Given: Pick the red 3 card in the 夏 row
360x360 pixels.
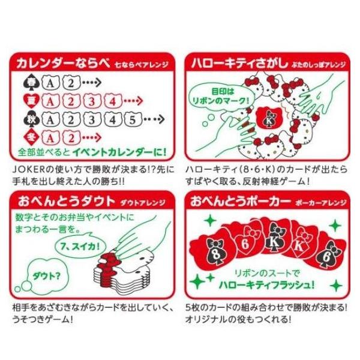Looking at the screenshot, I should pyautogui.click(x=91, y=100).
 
